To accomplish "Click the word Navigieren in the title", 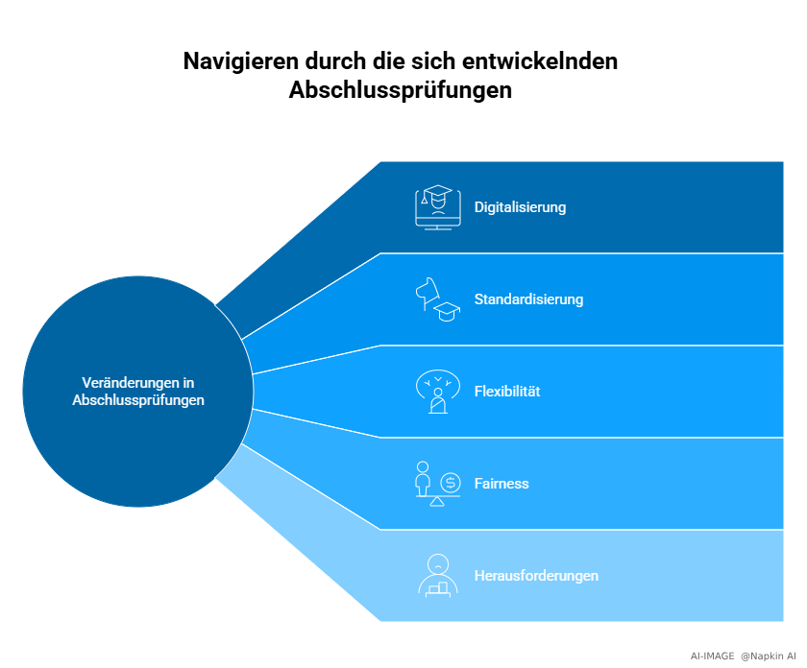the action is tap(241, 62).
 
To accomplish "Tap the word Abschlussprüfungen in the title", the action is tap(401, 91).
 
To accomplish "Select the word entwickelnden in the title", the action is tap(540, 61).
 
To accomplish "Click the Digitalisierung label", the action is tap(520, 207).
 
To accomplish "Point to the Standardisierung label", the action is tap(528, 299).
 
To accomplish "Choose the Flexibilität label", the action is tap(507, 392).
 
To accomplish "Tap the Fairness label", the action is tap(501, 484).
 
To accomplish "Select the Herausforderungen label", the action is tap(536, 576).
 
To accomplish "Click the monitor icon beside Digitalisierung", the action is tap(438, 207).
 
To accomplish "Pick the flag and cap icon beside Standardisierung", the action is tap(438, 299).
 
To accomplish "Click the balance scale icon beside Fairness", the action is tap(438, 484).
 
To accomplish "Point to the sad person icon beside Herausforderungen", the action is tap(438, 576).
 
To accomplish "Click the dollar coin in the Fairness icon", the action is tap(451, 483).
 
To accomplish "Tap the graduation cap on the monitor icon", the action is tap(437, 195).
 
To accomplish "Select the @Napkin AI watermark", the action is tap(769, 656).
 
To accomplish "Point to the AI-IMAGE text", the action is tap(712, 656).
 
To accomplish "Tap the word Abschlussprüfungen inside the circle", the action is tap(138, 400).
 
